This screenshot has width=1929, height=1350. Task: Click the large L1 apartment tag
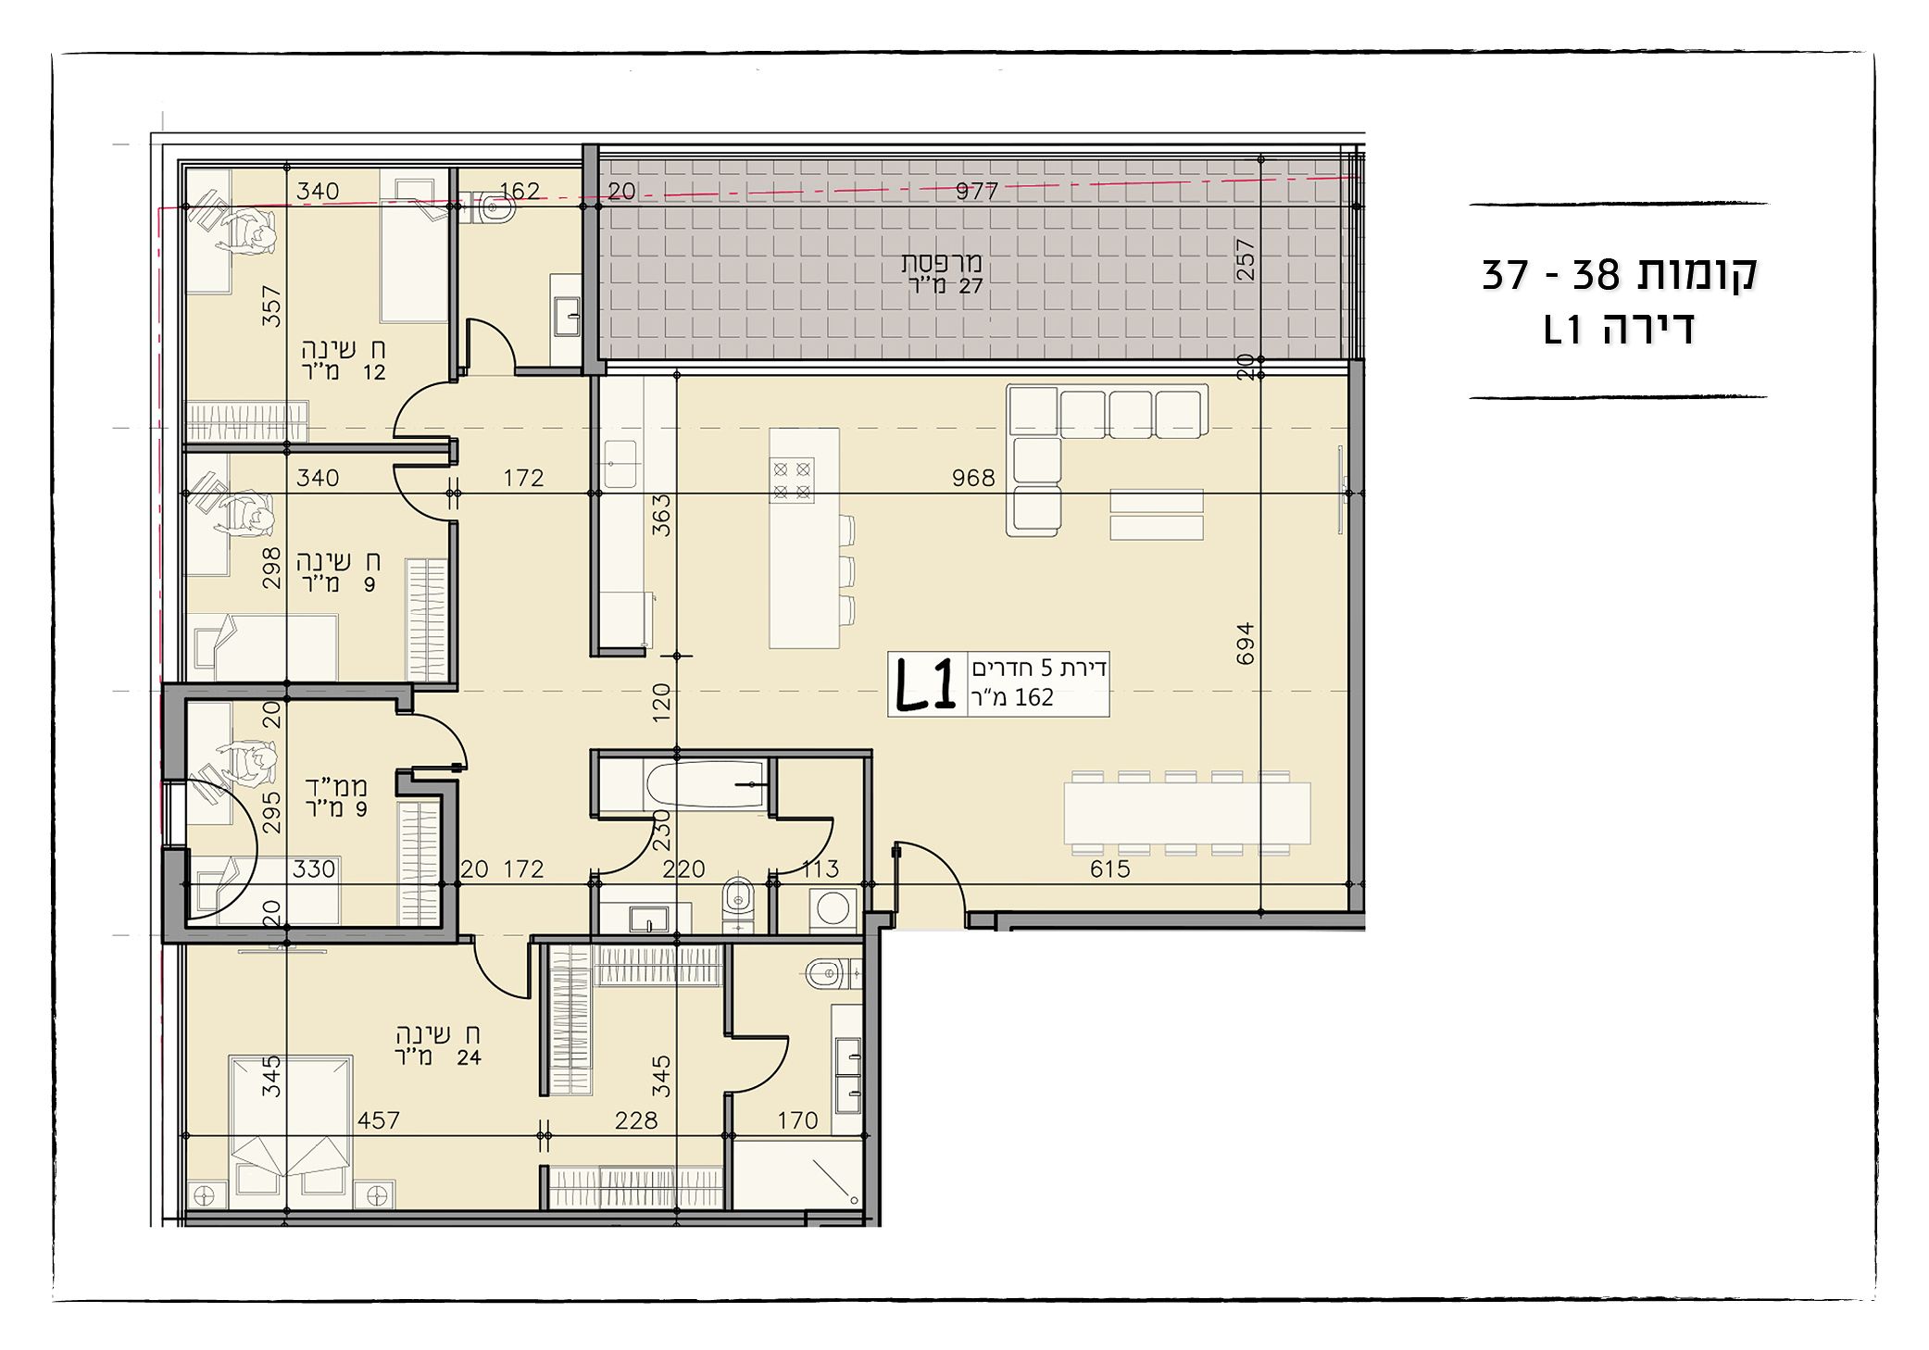pos(925,685)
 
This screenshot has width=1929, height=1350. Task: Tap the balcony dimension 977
pos(977,192)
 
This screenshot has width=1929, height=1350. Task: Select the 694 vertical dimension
pos(1246,643)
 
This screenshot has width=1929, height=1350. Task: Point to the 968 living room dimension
pos(973,478)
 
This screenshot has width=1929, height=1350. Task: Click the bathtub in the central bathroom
pos(705,785)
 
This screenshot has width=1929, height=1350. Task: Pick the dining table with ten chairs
pos(1188,812)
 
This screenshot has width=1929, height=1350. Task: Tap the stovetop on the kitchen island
pos(794,481)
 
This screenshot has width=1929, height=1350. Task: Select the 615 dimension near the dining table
pos(1110,869)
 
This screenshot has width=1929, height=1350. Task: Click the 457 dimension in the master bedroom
pos(379,1120)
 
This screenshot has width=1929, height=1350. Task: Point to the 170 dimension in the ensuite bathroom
pos(797,1120)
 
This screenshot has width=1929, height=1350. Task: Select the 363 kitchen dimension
pos(661,515)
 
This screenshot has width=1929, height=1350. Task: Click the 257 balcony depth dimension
pos(1246,260)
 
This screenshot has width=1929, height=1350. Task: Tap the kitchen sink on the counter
pos(621,464)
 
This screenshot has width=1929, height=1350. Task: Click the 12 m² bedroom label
pos(343,361)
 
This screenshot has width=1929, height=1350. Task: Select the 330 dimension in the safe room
pos(314,869)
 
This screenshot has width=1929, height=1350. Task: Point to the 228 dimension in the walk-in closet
pos(636,1120)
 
